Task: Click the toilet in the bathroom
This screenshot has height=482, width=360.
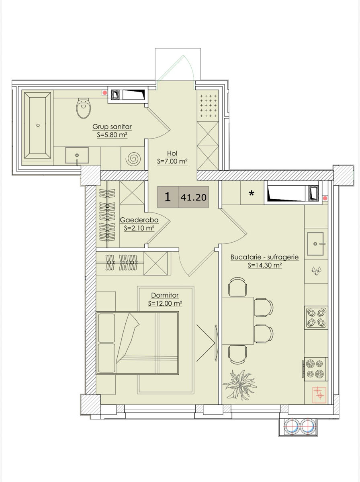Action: (84, 108)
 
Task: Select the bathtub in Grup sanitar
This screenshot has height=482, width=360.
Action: (37, 125)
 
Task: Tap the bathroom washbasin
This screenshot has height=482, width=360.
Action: (77, 155)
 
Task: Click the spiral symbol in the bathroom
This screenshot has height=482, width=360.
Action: (133, 159)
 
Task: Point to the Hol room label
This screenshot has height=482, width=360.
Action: (172, 153)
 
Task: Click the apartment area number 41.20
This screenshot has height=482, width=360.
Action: (194, 198)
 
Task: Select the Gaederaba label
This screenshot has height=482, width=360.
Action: (139, 220)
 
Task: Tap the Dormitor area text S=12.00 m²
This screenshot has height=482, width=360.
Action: (165, 304)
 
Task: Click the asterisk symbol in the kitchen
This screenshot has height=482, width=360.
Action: (252, 193)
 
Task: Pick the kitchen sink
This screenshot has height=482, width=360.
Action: (315, 244)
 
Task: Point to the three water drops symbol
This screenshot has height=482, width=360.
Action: (316, 271)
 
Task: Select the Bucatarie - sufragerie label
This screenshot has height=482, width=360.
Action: (265, 257)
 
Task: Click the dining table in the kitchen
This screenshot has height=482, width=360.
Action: (238, 321)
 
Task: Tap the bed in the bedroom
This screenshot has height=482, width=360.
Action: (137, 343)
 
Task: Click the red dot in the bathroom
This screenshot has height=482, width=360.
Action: (105, 93)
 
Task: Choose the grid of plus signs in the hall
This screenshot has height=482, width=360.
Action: (209, 106)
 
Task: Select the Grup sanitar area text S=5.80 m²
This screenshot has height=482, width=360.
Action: (112, 135)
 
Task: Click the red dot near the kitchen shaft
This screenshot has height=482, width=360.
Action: (325, 198)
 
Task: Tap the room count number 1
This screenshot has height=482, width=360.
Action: (168, 197)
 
